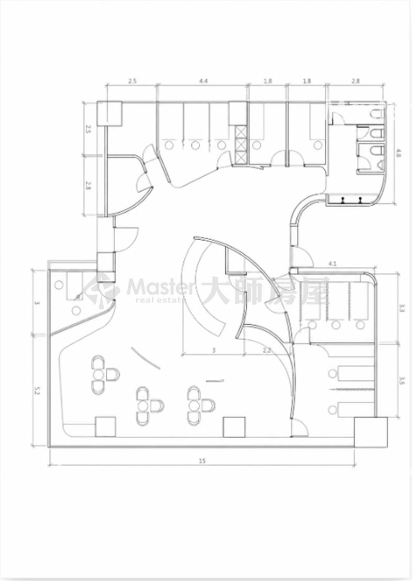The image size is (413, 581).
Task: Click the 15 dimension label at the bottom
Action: click(x=202, y=461)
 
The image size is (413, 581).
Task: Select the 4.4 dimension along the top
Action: click(x=203, y=81)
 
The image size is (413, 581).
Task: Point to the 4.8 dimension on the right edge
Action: click(x=398, y=153)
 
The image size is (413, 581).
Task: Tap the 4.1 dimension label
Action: click(x=332, y=264)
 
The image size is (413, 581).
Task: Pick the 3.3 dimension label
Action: click(x=402, y=308)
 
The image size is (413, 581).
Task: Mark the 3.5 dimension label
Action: click(x=402, y=381)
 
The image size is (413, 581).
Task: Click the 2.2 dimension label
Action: click(x=266, y=350)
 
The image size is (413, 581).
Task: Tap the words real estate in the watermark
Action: click(x=160, y=300)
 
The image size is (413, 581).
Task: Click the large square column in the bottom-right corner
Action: click(x=371, y=433)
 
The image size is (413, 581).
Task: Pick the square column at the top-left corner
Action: click(x=110, y=113)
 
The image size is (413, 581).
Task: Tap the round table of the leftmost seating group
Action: click(x=98, y=375)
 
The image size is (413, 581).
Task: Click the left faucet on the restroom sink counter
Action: click(x=343, y=200)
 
